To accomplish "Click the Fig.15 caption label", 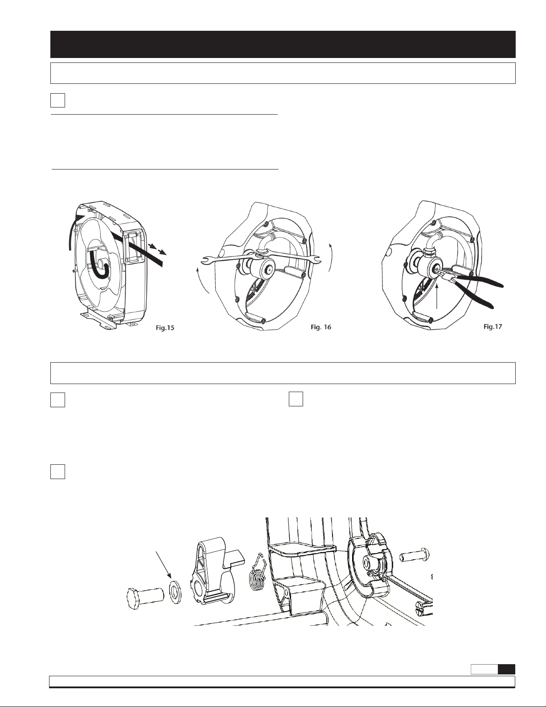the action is [x=165, y=328].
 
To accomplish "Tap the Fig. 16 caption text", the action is [x=321, y=327].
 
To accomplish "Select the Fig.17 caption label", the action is [x=493, y=327].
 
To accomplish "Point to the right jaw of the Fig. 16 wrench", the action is [x=316, y=259].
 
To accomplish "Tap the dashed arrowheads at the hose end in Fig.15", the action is [x=156, y=249].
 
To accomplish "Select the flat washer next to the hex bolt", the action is [x=176, y=595].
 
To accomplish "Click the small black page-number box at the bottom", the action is [x=506, y=669].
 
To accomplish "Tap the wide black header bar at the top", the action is [x=283, y=44].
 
